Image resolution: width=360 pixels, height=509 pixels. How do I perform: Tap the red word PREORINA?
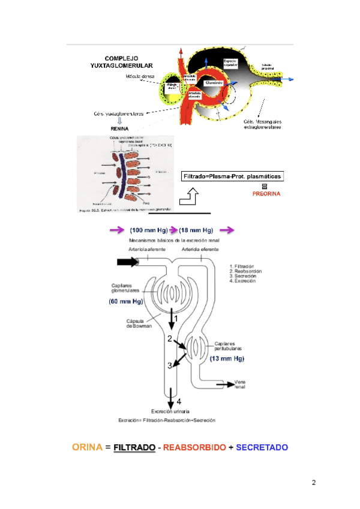(264, 194)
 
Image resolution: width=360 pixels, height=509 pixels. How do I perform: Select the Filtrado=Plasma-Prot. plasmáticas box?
(232, 176)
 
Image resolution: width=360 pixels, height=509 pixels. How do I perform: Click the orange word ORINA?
(88, 447)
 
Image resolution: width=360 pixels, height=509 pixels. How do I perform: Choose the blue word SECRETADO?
(262, 447)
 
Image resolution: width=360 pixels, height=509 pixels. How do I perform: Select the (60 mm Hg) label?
(127, 302)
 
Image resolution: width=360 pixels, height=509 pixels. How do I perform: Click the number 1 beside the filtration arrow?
(176, 318)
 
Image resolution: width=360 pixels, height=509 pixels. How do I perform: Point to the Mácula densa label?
(139, 77)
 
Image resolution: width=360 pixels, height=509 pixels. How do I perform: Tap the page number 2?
(313, 483)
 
